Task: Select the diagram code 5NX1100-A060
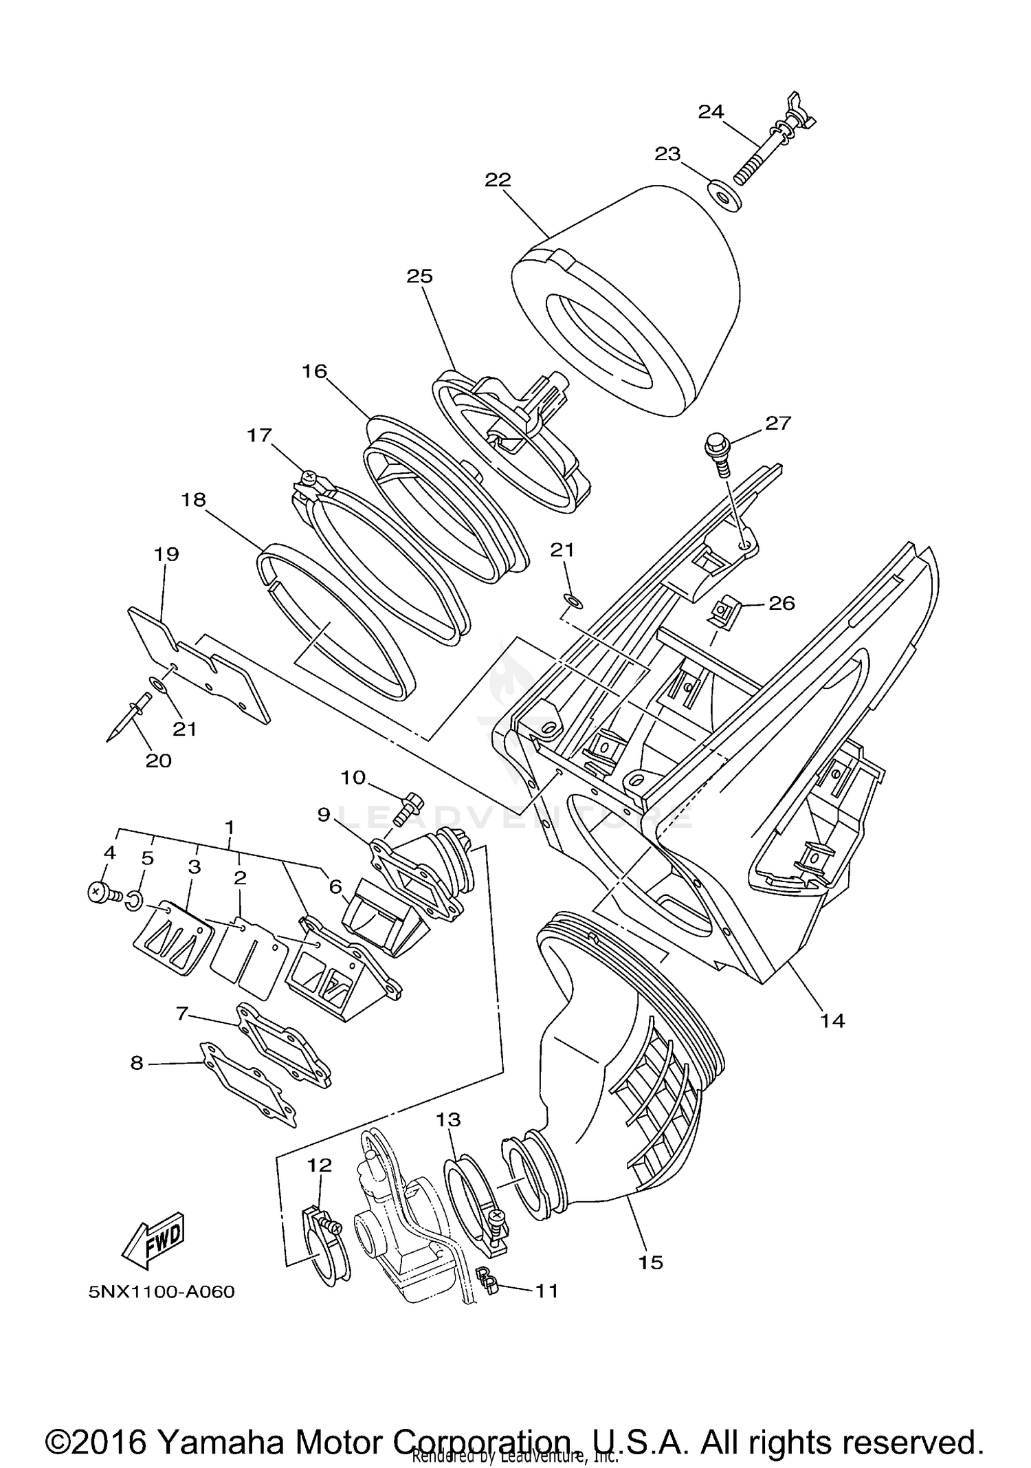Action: pos(162,1292)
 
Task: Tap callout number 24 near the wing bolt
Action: pos(711,111)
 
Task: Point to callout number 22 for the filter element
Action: pos(498,180)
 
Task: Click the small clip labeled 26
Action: pos(724,609)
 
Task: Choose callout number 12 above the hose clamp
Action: pos(319,1165)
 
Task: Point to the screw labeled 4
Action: pos(98,892)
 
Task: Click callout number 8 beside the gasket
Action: pos(137,1064)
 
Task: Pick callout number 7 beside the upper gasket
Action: pos(181,1013)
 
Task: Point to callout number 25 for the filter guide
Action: pos(419,276)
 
